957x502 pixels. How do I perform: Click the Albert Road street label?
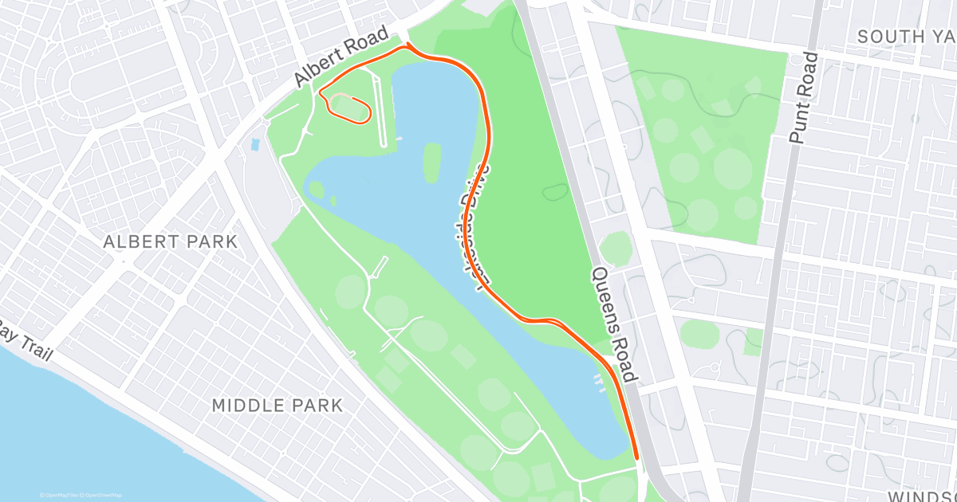pyautogui.click(x=341, y=57)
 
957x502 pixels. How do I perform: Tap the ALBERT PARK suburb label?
pyautogui.click(x=171, y=242)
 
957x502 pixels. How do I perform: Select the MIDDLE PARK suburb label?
pyautogui.click(x=278, y=406)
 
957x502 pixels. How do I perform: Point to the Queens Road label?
pyautogui.click(x=615, y=324)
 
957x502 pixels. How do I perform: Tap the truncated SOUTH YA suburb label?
pyautogui.click(x=906, y=37)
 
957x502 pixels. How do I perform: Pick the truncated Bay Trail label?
pyautogui.click(x=24, y=340)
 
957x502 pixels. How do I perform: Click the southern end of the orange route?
pyautogui.click(x=636, y=457)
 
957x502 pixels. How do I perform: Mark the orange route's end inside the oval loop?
pyautogui.click(x=351, y=97)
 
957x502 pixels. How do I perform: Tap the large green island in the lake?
pyautogui.click(x=432, y=162)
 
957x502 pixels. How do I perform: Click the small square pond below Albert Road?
pyautogui.click(x=254, y=145)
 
